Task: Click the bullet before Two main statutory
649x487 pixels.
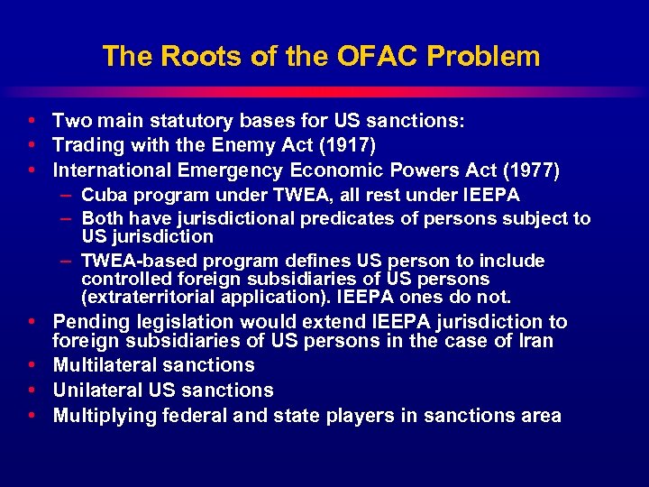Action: [32, 120]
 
